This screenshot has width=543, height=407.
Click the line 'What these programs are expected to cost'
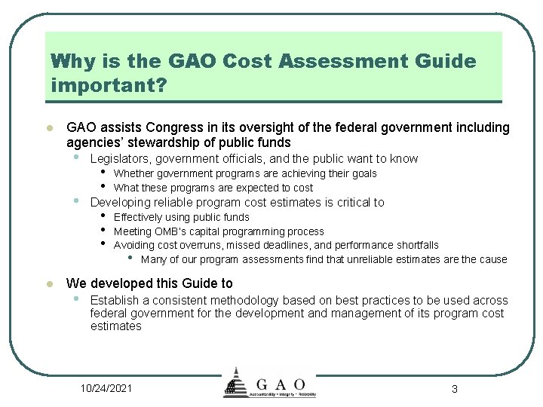point(213,188)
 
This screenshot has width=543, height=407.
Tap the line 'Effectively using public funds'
point(181,217)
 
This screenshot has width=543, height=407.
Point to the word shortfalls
point(413,245)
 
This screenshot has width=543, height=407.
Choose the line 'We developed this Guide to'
point(149,283)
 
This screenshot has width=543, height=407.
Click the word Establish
point(115,300)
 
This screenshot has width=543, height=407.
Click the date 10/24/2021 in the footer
point(106,388)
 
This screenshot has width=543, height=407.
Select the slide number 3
point(454,389)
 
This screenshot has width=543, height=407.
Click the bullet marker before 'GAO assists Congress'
point(48,128)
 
